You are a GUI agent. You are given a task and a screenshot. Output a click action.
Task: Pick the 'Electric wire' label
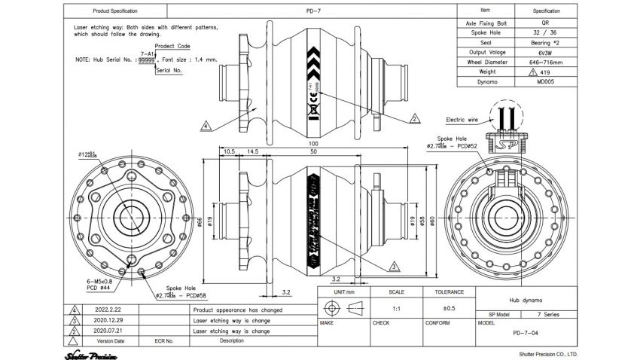pos(463,119)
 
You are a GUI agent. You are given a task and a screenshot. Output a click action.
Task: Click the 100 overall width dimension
pos(312,144)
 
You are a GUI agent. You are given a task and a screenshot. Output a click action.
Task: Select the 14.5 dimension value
pos(251,151)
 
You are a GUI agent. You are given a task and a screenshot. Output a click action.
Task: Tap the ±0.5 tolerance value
pos(449,308)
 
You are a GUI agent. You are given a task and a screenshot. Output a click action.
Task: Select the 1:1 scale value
pos(396,308)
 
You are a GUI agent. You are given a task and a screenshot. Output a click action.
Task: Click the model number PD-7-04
pos(526,332)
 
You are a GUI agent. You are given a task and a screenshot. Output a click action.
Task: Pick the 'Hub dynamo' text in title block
pos(526,300)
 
